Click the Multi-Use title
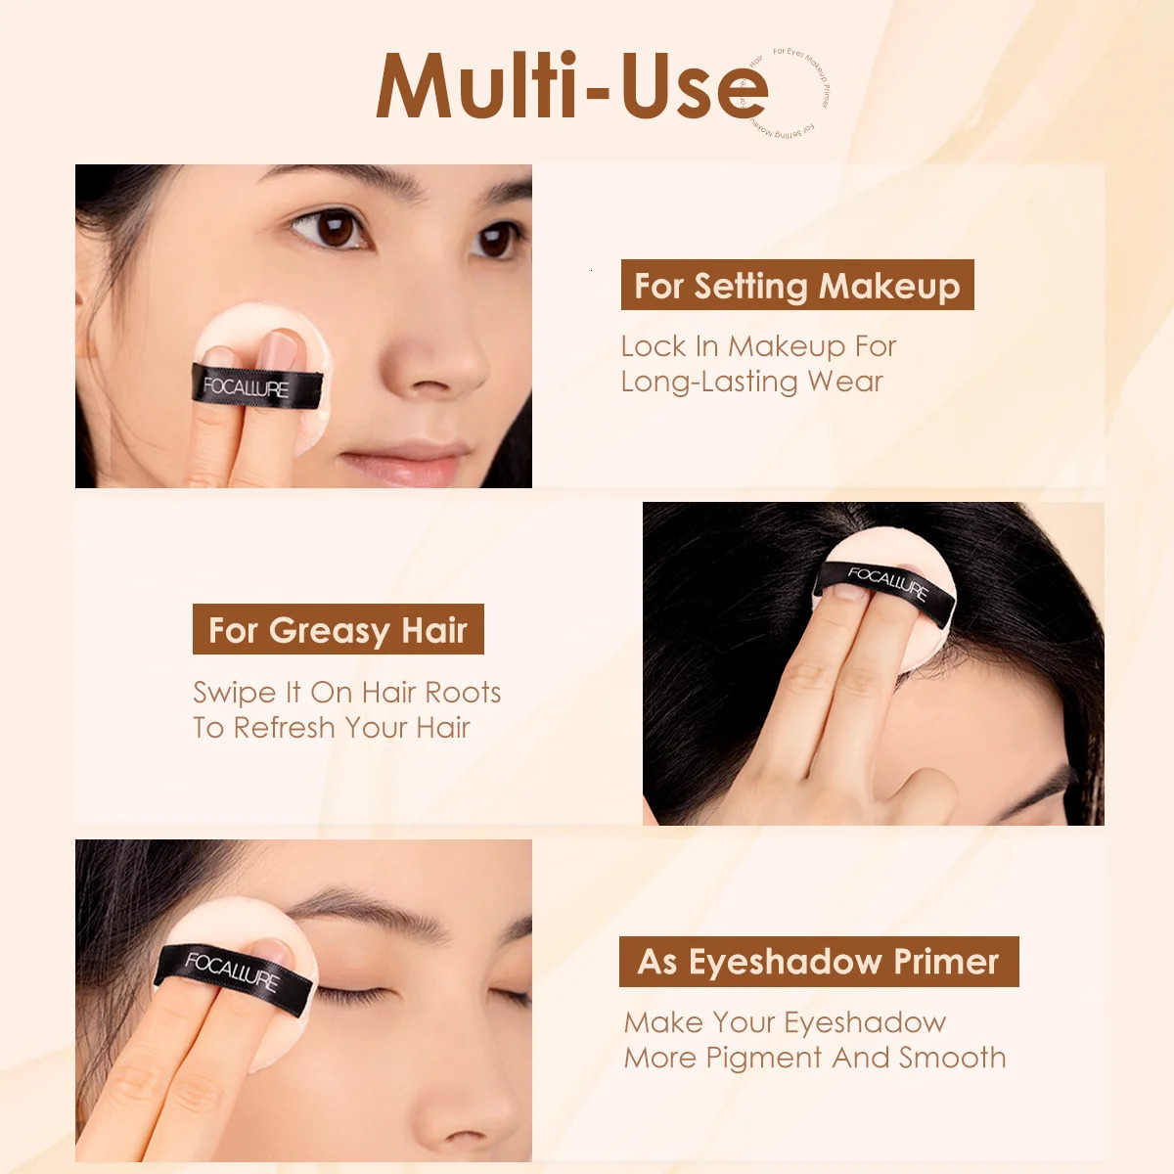click(x=572, y=88)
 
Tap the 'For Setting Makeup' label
click(x=797, y=286)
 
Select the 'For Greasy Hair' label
click(x=339, y=630)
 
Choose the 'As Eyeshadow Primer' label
click(x=819, y=962)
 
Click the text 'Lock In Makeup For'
click(x=758, y=346)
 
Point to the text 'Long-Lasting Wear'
click(x=751, y=382)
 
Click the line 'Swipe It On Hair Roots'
click(x=346, y=693)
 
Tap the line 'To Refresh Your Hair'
click(x=332, y=728)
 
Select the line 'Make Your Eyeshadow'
click(x=785, y=1023)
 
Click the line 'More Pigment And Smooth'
click(x=815, y=1059)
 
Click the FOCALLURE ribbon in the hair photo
click(x=885, y=585)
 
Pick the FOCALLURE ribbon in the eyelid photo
click(x=231, y=971)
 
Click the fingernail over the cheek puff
click(x=285, y=347)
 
